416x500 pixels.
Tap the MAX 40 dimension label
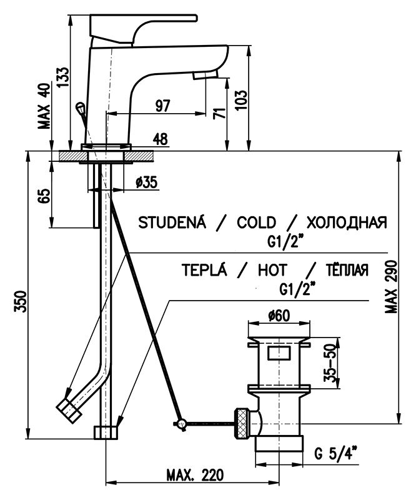pyautogui.click(x=43, y=106)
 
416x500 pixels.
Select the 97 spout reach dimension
pyautogui.click(x=162, y=106)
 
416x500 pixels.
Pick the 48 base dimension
pyautogui.click(x=159, y=141)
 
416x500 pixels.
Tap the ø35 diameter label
pyautogui.click(x=146, y=182)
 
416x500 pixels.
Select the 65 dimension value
pyautogui.click(x=43, y=196)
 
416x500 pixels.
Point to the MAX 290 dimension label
pyautogui.click(x=392, y=288)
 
